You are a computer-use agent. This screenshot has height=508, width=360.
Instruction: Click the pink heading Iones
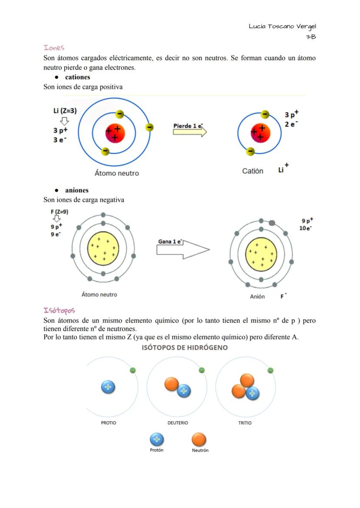(x=54, y=47)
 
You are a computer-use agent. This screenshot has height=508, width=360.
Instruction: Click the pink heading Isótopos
(x=59, y=310)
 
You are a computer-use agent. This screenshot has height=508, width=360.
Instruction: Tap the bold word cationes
(x=77, y=77)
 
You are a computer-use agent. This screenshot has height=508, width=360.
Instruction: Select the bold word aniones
(x=77, y=190)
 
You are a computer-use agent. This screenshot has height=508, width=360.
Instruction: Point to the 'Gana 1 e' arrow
(x=183, y=249)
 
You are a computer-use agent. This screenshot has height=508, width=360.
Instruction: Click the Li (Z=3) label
(x=65, y=110)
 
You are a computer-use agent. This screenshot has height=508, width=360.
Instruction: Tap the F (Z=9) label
(x=59, y=212)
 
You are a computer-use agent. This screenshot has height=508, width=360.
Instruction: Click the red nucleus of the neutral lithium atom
(x=115, y=133)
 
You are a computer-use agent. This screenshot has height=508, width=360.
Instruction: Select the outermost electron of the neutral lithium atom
(x=149, y=127)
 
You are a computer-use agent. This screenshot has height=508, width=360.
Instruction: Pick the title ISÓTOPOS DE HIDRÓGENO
(x=185, y=348)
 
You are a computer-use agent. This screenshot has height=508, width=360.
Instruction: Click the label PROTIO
(x=108, y=423)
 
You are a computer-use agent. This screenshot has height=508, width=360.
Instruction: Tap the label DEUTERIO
(x=177, y=423)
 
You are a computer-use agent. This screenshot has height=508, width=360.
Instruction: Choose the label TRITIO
(x=245, y=423)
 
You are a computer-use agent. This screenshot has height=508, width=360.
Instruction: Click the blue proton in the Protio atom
(x=108, y=387)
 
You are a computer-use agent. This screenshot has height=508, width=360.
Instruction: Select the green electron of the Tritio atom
(x=270, y=370)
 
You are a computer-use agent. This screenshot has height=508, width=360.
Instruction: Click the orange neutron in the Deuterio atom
(x=171, y=384)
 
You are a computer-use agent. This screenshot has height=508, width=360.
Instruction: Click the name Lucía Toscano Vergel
(x=282, y=27)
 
